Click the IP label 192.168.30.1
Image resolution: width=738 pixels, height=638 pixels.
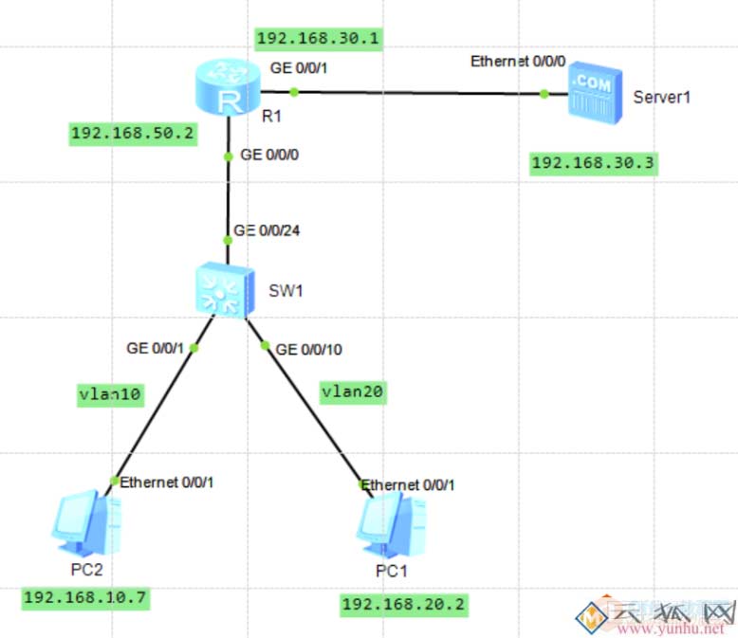319,39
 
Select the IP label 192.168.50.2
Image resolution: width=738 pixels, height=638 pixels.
133,134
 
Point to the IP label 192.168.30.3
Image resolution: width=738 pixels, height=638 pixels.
593,163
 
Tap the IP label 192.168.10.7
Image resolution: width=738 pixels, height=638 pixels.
86,597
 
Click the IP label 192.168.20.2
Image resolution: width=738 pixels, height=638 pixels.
404,604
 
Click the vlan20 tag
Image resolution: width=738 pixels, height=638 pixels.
354,391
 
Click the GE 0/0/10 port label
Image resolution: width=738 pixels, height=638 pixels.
308,349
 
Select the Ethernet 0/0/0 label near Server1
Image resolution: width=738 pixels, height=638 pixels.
518,62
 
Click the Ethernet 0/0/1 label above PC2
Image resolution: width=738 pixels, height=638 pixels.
167,483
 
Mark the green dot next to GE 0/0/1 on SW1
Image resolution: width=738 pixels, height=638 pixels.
194,348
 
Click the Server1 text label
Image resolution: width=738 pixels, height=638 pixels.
662,97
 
